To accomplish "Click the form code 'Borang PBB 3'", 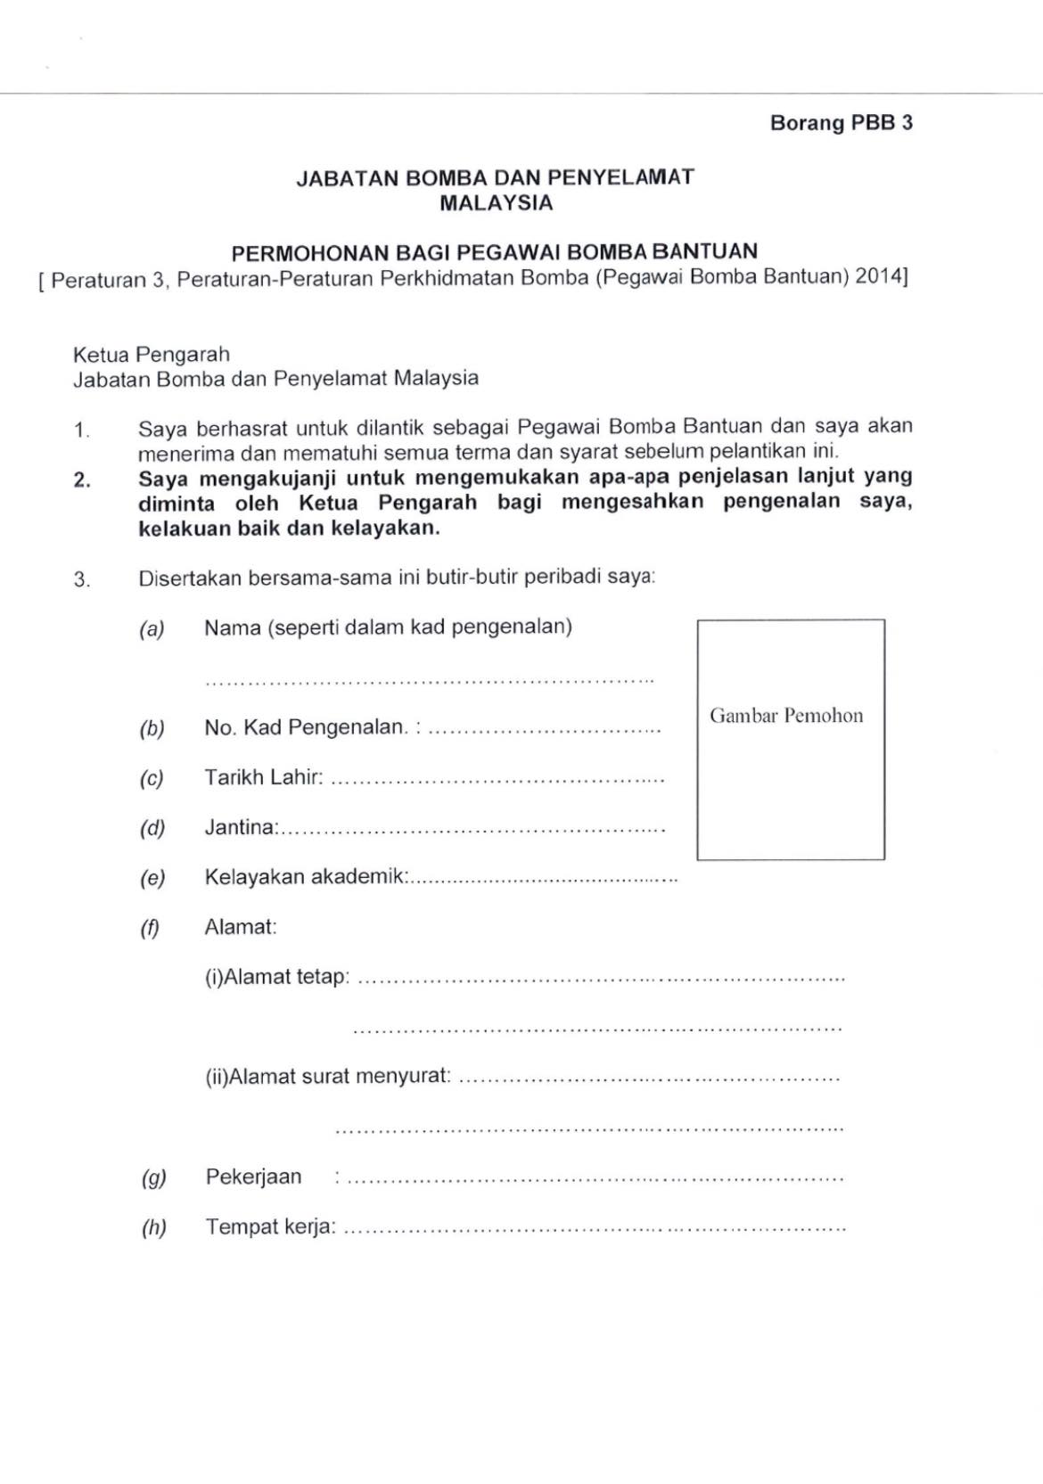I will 841,123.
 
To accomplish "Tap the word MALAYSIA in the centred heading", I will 497,203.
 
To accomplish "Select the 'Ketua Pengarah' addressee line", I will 152,355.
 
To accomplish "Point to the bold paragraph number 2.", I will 82,480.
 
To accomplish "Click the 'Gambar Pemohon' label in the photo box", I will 786,716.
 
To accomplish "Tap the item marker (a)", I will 152,629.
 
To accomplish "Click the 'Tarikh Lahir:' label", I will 263,777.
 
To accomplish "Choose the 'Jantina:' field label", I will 242,827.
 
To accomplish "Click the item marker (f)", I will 150,928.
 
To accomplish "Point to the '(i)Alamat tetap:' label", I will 277,977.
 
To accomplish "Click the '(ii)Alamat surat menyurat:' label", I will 328,1077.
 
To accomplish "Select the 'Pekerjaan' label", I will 253,1177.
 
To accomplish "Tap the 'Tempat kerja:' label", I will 271,1227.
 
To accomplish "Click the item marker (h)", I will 153,1228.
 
